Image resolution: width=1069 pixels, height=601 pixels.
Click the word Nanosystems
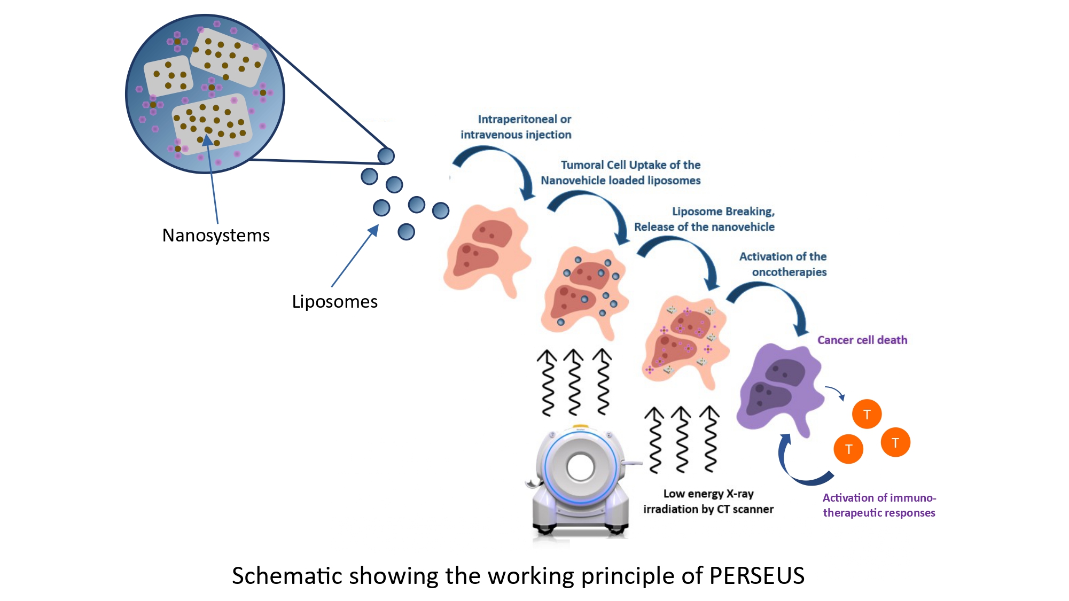click(216, 236)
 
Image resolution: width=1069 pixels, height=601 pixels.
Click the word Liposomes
click(334, 302)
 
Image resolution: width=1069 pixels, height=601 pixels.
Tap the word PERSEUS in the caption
click(756, 576)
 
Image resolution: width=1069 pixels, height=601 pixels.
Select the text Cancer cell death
click(862, 340)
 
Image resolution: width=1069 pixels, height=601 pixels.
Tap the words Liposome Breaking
click(723, 212)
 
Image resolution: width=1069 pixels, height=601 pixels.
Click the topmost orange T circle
click(867, 414)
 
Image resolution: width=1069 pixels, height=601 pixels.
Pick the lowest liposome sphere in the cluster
click(406, 232)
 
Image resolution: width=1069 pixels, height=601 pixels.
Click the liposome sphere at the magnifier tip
click(386, 156)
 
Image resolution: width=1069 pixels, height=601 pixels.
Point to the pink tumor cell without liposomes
click(486, 248)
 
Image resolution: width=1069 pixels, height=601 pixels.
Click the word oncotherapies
click(789, 272)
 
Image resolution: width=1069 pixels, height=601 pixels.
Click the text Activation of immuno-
click(879, 498)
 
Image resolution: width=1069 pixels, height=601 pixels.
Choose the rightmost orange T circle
click(895, 442)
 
